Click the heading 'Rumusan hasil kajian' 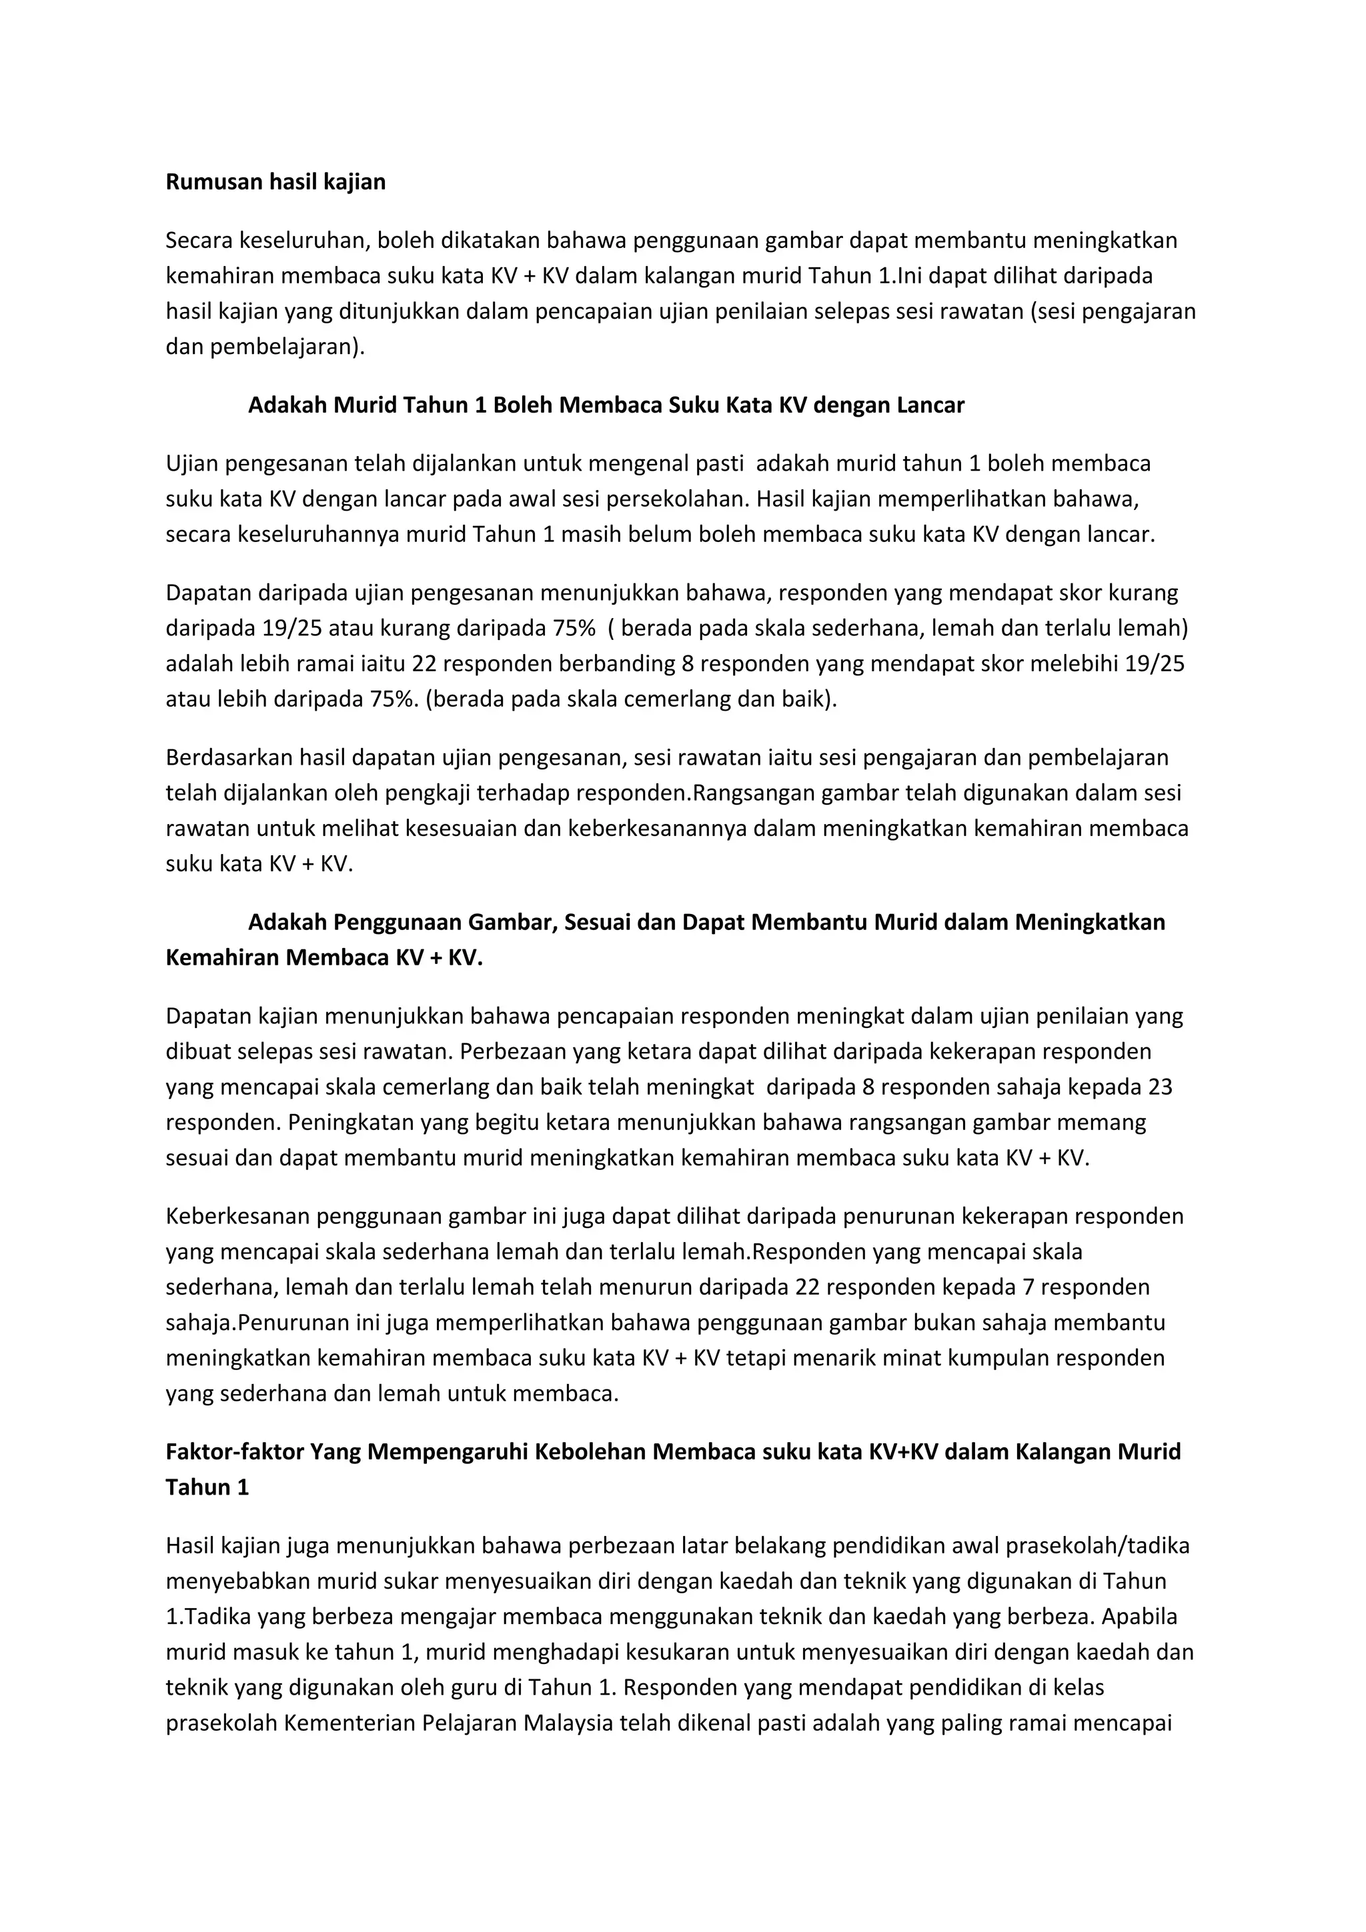[x=275, y=182]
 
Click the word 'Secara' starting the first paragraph [x=199, y=241]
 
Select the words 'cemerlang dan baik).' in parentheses [x=726, y=699]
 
